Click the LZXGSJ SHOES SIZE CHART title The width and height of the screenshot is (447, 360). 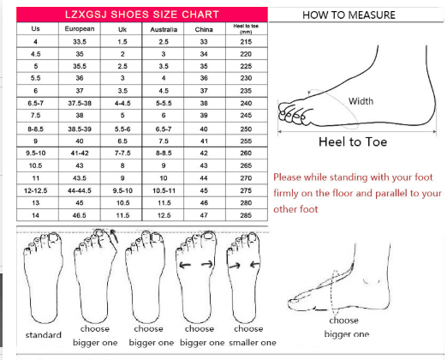click(x=142, y=15)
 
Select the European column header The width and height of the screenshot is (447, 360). click(x=80, y=29)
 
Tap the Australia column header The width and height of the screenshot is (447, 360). click(x=164, y=29)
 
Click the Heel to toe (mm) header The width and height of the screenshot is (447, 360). click(x=246, y=29)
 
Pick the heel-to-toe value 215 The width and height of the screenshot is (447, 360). click(x=246, y=42)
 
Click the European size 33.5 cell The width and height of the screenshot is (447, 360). click(x=80, y=42)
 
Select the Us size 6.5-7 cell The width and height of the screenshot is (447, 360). click(x=35, y=103)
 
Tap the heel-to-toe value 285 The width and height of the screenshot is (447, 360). click(x=246, y=215)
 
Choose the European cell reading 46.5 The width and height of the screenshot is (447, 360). click(x=80, y=215)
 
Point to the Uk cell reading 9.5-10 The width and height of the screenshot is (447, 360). click(x=122, y=190)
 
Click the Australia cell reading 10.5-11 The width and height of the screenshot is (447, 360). click(x=164, y=190)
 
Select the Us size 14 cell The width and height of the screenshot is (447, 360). click(x=35, y=215)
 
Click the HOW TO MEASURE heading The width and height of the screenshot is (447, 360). click(x=349, y=15)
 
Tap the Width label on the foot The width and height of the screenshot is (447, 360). click(x=361, y=101)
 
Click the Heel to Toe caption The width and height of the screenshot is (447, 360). click(x=353, y=141)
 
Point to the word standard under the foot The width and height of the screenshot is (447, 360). click(x=44, y=334)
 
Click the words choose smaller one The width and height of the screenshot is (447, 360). click(x=253, y=335)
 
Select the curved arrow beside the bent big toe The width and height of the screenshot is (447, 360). click(x=115, y=236)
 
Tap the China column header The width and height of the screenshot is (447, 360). click(x=204, y=29)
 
